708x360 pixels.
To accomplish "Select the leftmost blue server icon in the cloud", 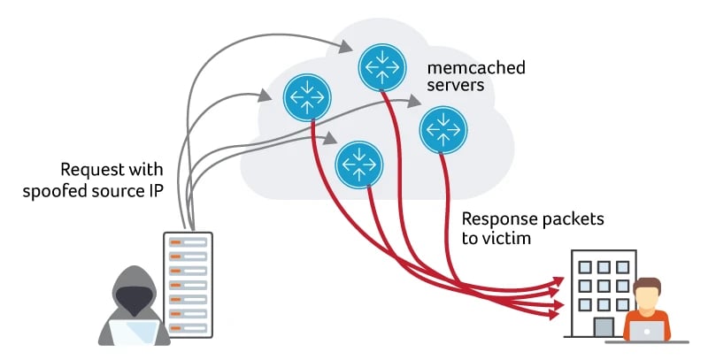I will (305, 96).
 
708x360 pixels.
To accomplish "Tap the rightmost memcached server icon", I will (442, 129).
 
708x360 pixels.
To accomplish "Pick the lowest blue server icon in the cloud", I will (358, 163).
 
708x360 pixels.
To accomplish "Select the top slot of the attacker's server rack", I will (187, 241).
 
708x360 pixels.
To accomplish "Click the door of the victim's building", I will (604, 326).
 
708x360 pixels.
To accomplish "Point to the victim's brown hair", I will (649, 285).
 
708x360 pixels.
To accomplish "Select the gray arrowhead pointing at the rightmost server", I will (416, 103).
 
